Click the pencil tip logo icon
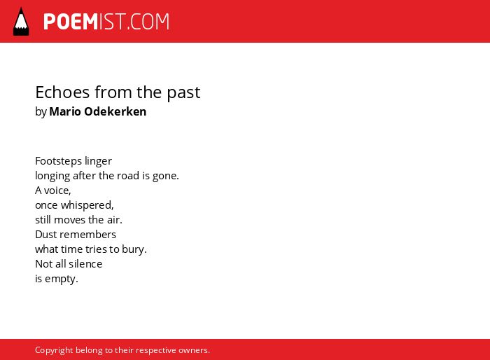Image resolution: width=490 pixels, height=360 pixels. (x=21, y=22)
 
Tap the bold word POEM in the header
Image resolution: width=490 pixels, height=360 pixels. (x=71, y=22)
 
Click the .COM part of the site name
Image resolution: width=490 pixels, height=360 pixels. (x=148, y=22)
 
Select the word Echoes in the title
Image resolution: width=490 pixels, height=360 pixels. (x=62, y=92)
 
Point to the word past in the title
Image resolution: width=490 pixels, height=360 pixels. (x=183, y=93)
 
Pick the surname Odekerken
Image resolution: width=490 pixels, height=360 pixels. (x=115, y=111)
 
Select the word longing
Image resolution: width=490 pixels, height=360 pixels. (x=52, y=176)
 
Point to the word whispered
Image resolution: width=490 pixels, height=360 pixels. (x=86, y=205)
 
